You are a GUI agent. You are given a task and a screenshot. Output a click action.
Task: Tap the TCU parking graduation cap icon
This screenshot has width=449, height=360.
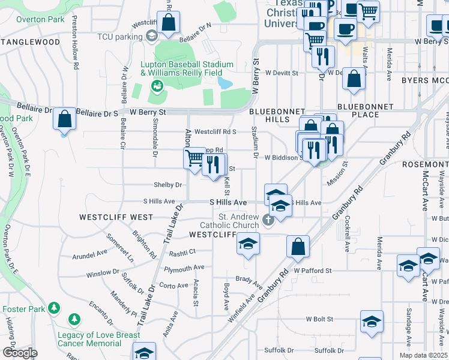(151, 37)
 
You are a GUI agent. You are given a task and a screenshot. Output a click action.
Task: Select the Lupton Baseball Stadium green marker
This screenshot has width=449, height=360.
(158, 86)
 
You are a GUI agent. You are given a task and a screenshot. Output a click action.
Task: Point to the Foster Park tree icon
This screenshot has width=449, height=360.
(55, 308)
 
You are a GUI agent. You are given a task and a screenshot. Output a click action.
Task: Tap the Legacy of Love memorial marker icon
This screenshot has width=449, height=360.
(74, 318)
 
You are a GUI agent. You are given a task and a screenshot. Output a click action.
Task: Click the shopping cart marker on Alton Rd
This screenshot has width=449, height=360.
(194, 159)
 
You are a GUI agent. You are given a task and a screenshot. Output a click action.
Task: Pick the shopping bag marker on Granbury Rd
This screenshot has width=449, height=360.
(298, 245)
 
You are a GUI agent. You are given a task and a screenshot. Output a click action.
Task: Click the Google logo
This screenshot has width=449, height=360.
(19, 353)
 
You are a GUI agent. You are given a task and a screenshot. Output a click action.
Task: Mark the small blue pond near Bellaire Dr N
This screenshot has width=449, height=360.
(224, 82)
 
